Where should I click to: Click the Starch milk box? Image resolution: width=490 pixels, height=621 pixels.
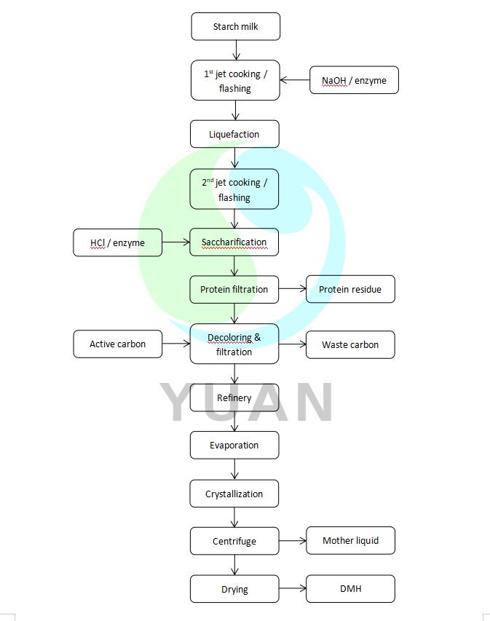pyautogui.click(x=235, y=27)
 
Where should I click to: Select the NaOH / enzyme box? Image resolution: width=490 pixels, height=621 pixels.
pyautogui.click(x=355, y=80)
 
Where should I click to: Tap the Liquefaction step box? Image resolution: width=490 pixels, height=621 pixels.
pyautogui.click(x=234, y=134)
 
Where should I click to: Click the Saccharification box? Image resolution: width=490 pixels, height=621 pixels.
pyautogui.click(x=234, y=242)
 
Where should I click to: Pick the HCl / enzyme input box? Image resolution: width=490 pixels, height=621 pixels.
pyautogui.click(x=117, y=242)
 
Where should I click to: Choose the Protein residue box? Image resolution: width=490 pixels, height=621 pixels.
pyautogui.click(x=350, y=289)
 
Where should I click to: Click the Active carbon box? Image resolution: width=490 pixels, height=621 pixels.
pyautogui.click(x=117, y=344)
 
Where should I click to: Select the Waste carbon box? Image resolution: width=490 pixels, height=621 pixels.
pyautogui.click(x=350, y=344)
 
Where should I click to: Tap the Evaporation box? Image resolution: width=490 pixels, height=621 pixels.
pyautogui.click(x=234, y=445)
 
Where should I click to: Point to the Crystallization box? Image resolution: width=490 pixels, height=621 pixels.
pyautogui.click(x=234, y=494)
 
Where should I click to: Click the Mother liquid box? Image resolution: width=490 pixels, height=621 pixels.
pyautogui.click(x=350, y=540)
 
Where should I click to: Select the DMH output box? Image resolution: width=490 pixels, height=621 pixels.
pyautogui.click(x=350, y=588)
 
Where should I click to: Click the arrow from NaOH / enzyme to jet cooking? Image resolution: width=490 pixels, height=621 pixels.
pyautogui.click(x=295, y=80)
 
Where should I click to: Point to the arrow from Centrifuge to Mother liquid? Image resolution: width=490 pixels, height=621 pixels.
pyautogui.click(x=292, y=541)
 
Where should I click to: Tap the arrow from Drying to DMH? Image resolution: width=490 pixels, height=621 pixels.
pyautogui.click(x=292, y=588)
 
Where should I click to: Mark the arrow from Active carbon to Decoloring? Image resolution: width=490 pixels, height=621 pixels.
pyautogui.click(x=175, y=344)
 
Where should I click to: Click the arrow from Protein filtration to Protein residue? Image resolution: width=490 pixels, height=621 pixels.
pyautogui.click(x=292, y=289)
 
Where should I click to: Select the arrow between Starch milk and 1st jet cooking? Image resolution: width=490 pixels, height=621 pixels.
pyautogui.click(x=236, y=50)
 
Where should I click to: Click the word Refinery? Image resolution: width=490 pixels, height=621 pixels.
pyautogui.click(x=234, y=397)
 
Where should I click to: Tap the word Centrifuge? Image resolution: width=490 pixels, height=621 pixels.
pyautogui.click(x=234, y=541)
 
